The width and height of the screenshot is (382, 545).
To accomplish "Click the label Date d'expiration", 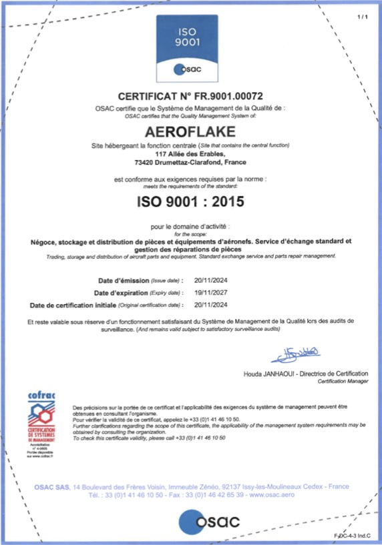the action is point(120,294).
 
